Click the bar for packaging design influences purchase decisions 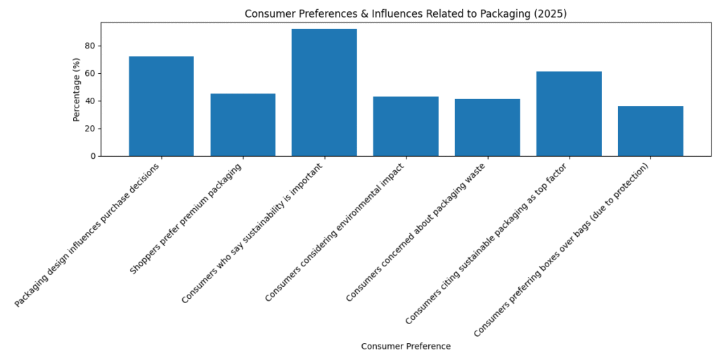(x=161, y=106)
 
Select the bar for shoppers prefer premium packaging (x=243, y=124)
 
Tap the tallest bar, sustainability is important (x=324, y=92)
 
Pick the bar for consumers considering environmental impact (x=406, y=126)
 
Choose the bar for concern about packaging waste (x=487, y=127)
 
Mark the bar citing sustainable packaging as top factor (x=569, y=113)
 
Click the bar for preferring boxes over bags (x=650, y=131)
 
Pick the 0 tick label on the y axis (x=93, y=156)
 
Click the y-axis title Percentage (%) (x=77, y=89)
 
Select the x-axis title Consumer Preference (x=406, y=347)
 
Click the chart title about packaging (x=406, y=14)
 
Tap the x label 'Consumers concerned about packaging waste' (x=416, y=232)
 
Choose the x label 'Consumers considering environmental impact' (x=335, y=233)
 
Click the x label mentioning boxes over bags (x=562, y=250)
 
